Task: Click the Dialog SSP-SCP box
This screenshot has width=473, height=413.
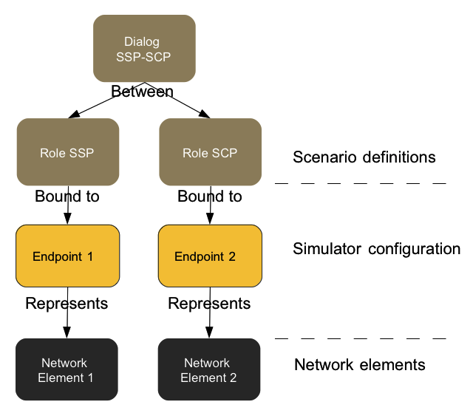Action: pos(144,49)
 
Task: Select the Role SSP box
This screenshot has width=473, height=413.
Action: pos(68,152)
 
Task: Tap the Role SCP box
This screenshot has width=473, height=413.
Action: pos(211,152)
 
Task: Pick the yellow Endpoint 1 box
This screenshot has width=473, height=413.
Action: pos(67,256)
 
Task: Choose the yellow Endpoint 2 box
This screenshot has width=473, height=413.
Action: pos(211,256)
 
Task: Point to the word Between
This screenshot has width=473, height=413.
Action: pos(142,92)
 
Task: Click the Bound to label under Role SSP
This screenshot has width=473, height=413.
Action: pos(67,197)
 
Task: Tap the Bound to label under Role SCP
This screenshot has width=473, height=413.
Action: pos(210,197)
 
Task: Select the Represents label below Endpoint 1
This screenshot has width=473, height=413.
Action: pos(67,304)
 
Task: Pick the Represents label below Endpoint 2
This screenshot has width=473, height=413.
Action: pos(209,304)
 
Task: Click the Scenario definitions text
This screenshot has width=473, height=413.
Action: pos(364,157)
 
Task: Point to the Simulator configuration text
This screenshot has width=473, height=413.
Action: pos(376,249)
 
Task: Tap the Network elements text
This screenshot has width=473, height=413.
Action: pos(359,365)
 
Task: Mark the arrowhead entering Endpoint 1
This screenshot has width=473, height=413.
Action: pos(67,219)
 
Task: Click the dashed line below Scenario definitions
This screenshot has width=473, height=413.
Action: pos(360,182)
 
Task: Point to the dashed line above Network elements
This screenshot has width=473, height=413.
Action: pos(360,338)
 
